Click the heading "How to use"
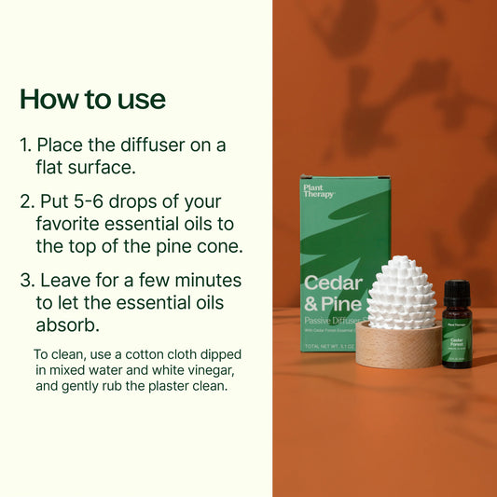92,99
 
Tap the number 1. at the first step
26,146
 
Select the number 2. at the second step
27,200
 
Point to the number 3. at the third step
27,281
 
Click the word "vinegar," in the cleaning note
224,370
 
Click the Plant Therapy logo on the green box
319,191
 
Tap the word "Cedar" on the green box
332,283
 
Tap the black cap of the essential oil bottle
457,292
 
